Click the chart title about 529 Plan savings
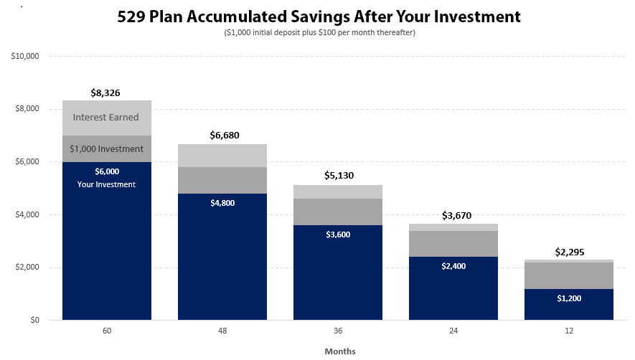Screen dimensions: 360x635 pyautogui.click(x=319, y=16)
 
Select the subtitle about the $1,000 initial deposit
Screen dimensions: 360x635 pyautogui.click(x=319, y=32)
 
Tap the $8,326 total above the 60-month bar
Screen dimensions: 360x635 pyautogui.click(x=106, y=93)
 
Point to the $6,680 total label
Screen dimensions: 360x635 pyautogui.click(x=222, y=135)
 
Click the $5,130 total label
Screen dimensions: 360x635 pyautogui.click(x=338, y=175)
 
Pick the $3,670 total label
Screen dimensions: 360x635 pyautogui.click(x=453, y=215)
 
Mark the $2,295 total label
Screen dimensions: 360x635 pyautogui.click(x=569, y=252)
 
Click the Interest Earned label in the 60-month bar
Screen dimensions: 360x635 pyautogui.click(x=106, y=117)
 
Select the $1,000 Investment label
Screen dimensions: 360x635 pyautogui.click(x=106, y=148)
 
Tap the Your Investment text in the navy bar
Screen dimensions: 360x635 pyautogui.click(x=106, y=184)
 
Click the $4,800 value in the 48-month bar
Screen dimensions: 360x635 pyautogui.click(x=222, y=203)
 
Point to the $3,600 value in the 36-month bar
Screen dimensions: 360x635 pyautogui.click(x=338, y=234)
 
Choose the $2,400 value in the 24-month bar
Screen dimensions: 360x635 pyautogui.click(x=453, y=266)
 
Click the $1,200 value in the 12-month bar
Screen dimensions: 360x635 pyautogui.click(x=569, y=298)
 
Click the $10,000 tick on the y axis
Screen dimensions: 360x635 pyautogui.click(x=26, y=56)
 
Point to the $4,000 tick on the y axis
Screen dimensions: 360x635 pyautogui.click(x=28, y=214)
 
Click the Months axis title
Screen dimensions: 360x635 pyautogui.click(x=339, y=351)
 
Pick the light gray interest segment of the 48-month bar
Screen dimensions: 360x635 pyautogui.click(x=222, y=156)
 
